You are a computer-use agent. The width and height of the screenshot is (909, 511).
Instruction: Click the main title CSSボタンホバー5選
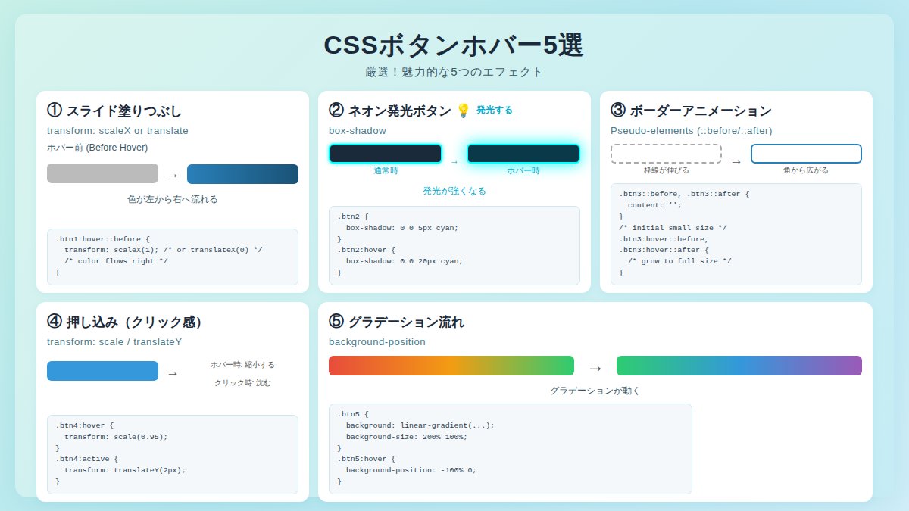(x=453, y=45)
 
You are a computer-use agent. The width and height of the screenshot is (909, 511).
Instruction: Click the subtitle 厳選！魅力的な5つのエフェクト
(x=454, y=72)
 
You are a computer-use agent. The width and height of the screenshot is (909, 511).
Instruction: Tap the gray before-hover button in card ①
(x=102, y=173)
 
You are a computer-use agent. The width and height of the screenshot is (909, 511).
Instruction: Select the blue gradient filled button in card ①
(x=242, y=174)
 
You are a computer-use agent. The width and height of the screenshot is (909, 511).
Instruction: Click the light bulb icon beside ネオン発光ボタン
(x=464, y=111)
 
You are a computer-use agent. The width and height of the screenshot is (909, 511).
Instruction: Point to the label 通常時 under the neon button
(x=386, y=170)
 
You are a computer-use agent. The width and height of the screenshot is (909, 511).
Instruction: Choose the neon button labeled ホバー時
(x=523, y=154)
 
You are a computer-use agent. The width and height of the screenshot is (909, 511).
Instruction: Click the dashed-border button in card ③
(x=666, y=154)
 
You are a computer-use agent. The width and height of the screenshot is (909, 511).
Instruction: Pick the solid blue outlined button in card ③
(x=806, y=154)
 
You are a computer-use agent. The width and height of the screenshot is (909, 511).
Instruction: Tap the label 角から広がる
(x=806, y=170)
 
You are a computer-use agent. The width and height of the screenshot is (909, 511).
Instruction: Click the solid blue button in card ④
(x=102, y=371)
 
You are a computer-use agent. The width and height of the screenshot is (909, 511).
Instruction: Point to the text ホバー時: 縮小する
(x=242, y=364)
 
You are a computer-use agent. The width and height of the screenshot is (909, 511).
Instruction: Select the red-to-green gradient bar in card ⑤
(x=451, y=366)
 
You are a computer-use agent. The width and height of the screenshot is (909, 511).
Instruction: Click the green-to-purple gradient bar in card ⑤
(x=739, y=366)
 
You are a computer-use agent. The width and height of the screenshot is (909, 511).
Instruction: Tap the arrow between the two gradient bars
(x=595, y=368)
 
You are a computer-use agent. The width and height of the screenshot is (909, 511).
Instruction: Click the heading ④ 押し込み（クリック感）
(x=125, y=322)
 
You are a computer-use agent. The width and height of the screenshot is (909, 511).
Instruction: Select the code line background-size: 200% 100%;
(x=407, y=436)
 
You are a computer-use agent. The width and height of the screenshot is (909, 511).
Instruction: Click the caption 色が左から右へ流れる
(x=173, y=199)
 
